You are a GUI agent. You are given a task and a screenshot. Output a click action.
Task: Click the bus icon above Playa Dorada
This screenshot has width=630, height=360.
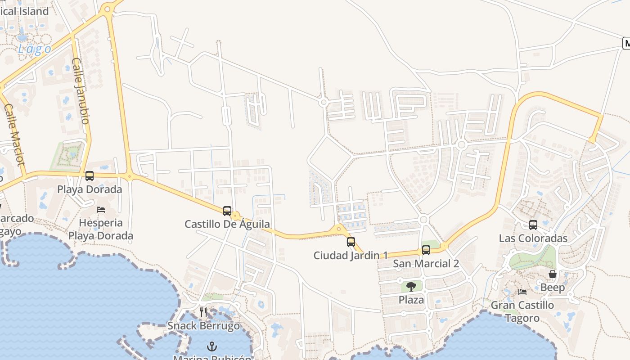point(90,176)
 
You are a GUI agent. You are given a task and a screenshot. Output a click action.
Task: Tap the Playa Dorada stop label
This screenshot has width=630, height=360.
point(90,189)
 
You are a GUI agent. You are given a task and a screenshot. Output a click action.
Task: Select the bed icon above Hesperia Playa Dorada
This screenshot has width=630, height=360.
point(101,210)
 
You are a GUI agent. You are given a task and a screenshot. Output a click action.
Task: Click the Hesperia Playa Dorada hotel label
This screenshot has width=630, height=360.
point(101,229)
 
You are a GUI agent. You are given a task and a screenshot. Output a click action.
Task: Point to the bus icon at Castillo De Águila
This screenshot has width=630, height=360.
point(227,211)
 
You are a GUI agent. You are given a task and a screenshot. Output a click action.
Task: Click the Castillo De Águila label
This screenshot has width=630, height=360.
point(227,224)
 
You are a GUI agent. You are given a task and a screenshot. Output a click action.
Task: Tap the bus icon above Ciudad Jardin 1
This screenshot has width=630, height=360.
point(351,242)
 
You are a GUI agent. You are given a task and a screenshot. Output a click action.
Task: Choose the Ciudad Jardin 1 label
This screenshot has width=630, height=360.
point(351,256)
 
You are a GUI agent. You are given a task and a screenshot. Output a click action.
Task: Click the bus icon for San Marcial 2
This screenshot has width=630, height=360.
point(426,250)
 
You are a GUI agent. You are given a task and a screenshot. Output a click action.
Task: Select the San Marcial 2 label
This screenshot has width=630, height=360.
point(426,264)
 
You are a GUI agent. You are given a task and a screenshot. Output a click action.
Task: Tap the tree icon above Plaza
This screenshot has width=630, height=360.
point(411,287)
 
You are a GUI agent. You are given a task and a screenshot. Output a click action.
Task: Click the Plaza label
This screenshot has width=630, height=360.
point(411,300)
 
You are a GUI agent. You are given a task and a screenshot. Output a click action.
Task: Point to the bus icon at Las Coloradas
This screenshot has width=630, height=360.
point(533,225)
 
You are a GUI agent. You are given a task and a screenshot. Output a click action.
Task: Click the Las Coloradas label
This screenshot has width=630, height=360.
point(533,238)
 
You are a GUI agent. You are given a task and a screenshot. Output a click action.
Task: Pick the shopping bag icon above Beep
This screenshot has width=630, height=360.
point(553,274)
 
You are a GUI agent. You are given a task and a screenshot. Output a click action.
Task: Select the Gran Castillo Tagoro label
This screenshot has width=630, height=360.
point(522,311)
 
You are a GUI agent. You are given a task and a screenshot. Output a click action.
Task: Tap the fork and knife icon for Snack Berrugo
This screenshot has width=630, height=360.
point(203,312)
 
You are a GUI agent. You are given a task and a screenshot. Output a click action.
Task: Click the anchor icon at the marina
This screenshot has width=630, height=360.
point(211,346)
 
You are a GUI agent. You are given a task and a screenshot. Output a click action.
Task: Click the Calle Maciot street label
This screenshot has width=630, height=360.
point(14,135)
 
